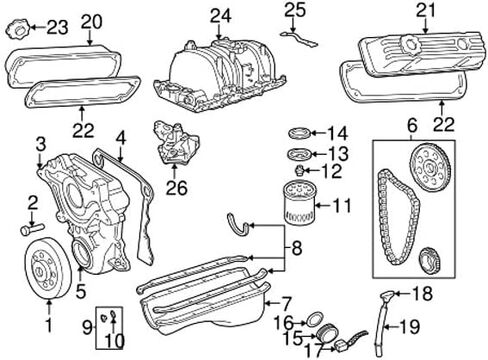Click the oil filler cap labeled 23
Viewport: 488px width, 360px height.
(x=18, y=31)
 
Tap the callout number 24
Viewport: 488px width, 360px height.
(x=220, y=16)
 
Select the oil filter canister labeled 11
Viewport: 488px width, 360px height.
(x=299, y=202)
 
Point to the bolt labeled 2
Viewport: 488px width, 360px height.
(x=32, y=229)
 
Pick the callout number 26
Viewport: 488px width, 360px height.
(x=177, y=188)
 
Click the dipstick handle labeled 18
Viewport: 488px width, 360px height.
(x=388, y=296)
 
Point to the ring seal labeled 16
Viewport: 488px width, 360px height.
(x=314, y=319)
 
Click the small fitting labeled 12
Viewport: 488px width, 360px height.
(x=300, y=171)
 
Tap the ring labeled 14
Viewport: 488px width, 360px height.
(x=300, y=133)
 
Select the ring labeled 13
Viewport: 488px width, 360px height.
(x=300, y=154)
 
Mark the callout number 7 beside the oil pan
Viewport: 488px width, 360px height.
(x=287, y=303)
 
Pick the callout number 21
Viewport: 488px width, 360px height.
(x=426, y=11)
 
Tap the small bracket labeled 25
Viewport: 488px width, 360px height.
(x=299, y=38)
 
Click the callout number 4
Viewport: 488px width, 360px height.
(x=121, y=139)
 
